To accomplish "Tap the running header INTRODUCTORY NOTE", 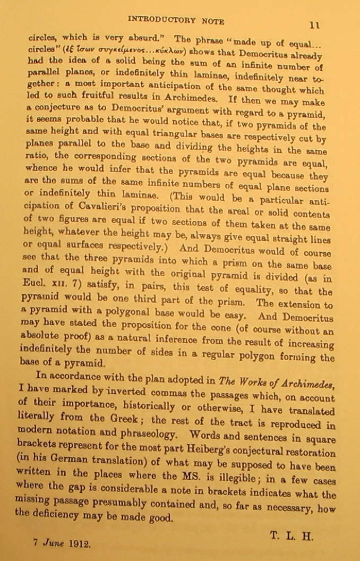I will (x=177, y=21).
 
